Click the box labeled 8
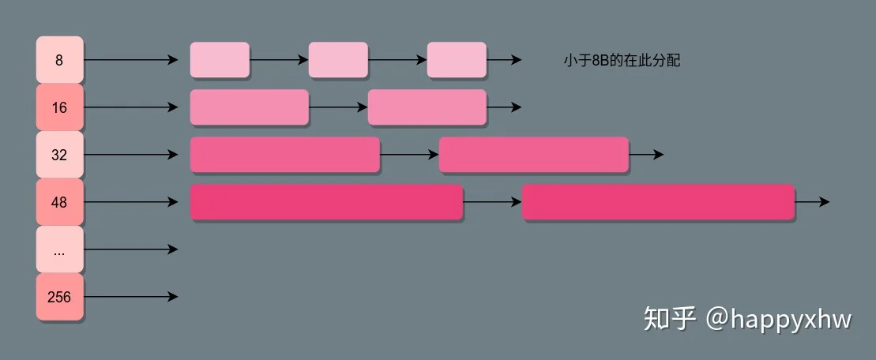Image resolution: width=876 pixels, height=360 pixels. click(x=60, y=60)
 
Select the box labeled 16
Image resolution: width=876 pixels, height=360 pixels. click(x=60, y=107)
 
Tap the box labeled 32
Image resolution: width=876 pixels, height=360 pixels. click(x=60, y=155)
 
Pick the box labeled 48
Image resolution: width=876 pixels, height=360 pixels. click(x=60, y=202)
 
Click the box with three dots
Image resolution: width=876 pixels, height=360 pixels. click(x=60, y=249)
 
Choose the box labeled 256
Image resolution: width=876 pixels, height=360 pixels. click(x=60, y=297)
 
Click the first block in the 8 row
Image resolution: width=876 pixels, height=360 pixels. click(x=220, y=60)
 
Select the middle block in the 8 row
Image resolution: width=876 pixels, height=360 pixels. click(x=338, y=60)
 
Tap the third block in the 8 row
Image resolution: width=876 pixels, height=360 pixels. click(x=457, y=60)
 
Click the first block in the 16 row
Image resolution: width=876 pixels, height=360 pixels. click(x=249, y=107)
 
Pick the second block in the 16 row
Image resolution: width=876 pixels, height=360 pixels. click(x=427, y=107)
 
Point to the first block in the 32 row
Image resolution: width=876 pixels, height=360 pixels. click(x=285, y=155)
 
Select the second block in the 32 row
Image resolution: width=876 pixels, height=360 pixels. click(x=534, y=155)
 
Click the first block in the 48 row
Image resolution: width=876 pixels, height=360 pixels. click(x=327, y=202)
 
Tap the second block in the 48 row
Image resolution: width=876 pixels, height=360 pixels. click(x=659, y=202)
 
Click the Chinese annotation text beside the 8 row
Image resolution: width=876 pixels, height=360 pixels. click(x=622, y=60)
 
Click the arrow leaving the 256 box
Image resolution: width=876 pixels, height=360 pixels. click(x=131, y=297)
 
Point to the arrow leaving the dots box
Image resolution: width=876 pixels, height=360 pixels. click(x=131, y=249)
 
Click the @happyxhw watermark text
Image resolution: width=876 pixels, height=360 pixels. click(x=779, y=319)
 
